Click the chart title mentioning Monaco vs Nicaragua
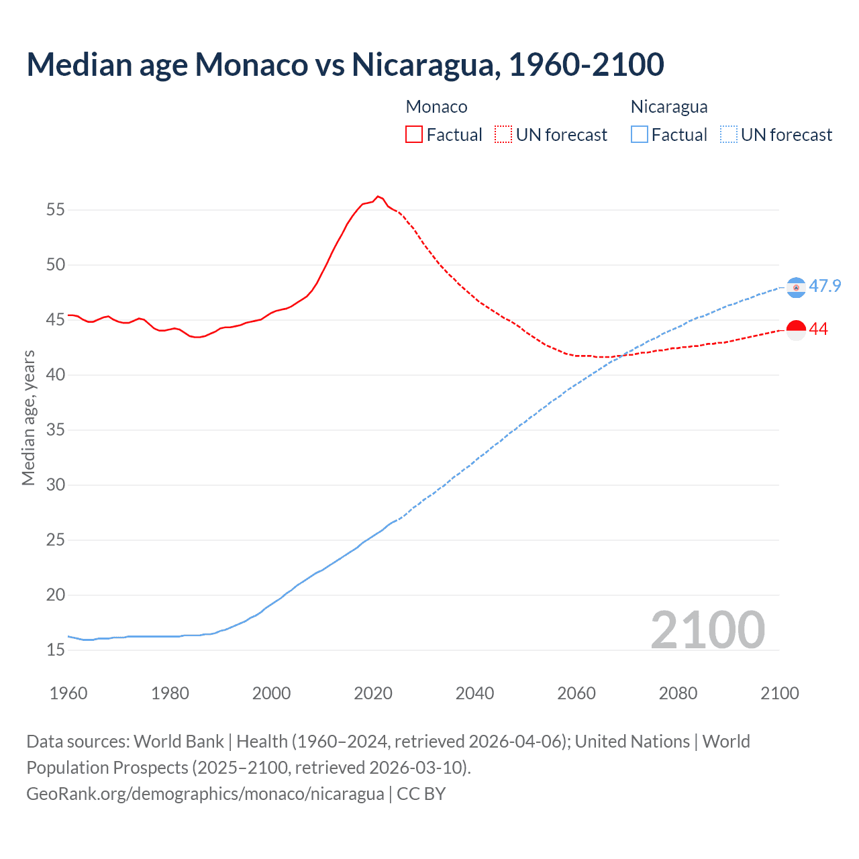pos(345,64)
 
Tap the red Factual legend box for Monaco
pos(414,134)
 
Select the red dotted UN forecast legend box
pos(503,134)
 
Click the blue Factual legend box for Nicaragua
pos(640,134)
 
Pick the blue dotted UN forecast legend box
pos(729,134)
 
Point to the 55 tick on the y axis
pos(56,210)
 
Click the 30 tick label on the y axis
pos(56,485)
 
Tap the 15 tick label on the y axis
pos(56,650)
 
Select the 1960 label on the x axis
pos(68,693)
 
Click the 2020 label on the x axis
pos(373,693)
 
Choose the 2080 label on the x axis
pos(678,693)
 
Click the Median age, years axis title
pos(28,417)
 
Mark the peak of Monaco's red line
pos(378,196)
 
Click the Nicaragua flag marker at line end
pos(796,287)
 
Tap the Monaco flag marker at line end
pos(796,330)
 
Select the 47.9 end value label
pos(825,287)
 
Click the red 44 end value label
pos(818,330)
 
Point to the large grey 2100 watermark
pos(707,630)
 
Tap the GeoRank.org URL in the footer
pos(205,794)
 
